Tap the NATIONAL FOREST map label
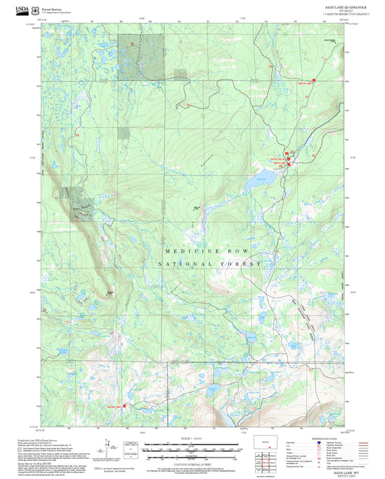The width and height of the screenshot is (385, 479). tap(211, 265)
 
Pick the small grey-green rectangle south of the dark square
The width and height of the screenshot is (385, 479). tap(124, 132)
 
